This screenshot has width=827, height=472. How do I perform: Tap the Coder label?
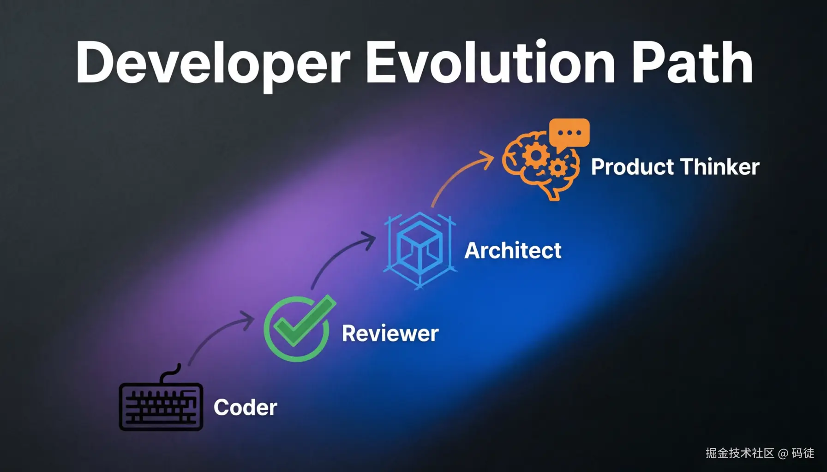(x=246, y=407)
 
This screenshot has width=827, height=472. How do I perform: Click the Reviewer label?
(x=390, y=334)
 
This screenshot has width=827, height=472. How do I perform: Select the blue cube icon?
(x=420, y=250)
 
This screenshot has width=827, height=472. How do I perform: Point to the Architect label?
(x=513, y=251)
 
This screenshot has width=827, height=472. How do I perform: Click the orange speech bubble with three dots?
(x=569, y=134)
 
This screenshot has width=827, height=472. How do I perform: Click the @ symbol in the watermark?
(x=783, y=454)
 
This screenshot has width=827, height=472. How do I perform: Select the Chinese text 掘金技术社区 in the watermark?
(x=740, y=453)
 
